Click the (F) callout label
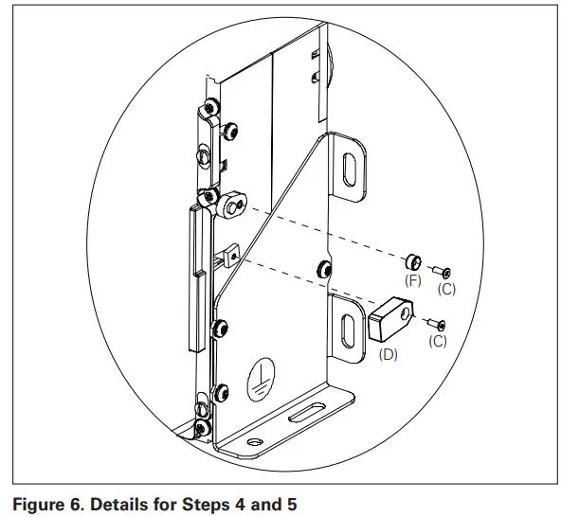(x=414, y=281)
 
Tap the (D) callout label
(x=389, y=355)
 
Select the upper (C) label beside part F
(x=446, y=289)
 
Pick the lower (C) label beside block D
(x=438, y=341)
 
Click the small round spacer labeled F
(x=413, y=262)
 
